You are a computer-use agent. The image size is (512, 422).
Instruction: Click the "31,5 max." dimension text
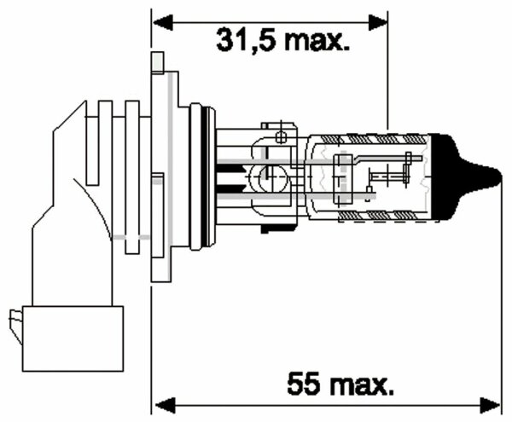coord(282,40)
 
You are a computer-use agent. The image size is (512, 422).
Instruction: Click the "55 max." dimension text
coord(340,384)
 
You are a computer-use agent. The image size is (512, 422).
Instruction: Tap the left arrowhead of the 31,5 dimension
coord(163,22)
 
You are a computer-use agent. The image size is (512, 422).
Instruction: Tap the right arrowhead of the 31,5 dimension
coord(378,22)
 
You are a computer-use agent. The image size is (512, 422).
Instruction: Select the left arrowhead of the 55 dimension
coord(165,406)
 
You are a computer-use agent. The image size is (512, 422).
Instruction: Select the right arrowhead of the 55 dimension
coord(490,406)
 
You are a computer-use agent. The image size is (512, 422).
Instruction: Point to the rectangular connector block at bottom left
coord(73,338)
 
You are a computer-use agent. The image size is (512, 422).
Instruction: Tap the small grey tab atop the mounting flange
coord(158,62)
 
